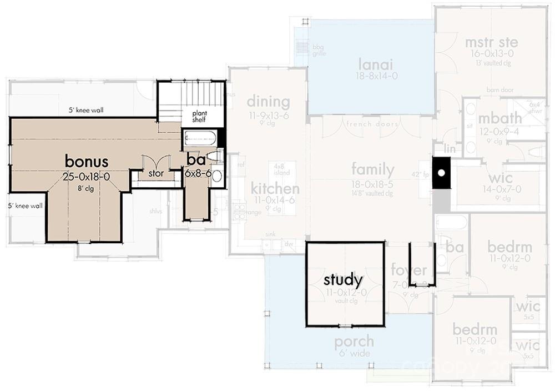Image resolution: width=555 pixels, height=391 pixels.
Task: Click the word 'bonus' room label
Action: pyautogui.click(x=87, y=161)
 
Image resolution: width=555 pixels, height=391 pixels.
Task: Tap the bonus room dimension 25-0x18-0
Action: pyautogui.click(x=87, y=177)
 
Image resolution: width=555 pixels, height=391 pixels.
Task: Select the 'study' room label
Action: pyautogui.click(x=343, y=279)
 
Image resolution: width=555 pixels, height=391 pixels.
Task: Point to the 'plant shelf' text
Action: pyautogui.click(x=199, y=116)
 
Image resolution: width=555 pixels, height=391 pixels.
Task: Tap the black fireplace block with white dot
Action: pyautogui.click(x=441, y=173)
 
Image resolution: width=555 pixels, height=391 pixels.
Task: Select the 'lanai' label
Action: pyautogui.click(x=371, y=63)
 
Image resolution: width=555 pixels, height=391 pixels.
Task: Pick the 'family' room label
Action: pyautogui.click(x=372, y=169)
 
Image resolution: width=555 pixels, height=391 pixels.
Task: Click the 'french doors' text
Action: pyautogui.click(x=372, y=124)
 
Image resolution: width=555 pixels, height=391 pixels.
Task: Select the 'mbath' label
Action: pyautogui.click(x=500, y=118)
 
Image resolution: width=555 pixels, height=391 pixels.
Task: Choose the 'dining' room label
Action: pyautogui.click(x=268, y=102)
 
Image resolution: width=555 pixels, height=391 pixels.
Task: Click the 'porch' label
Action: pyautogui.click(x=354, y=342)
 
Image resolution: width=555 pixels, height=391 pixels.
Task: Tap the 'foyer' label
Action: pyautogui.click(x=409, y=271)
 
